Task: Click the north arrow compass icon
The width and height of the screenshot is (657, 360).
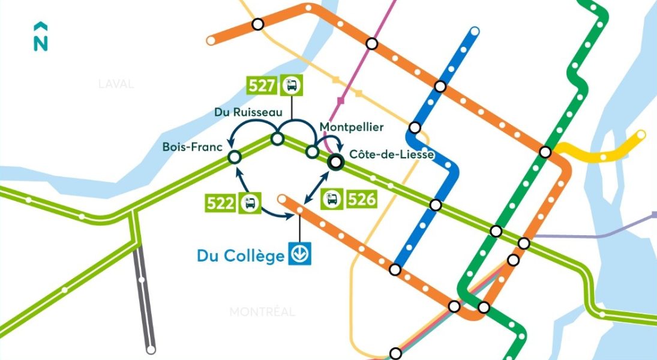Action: pyautogui.click(x=40, y=37)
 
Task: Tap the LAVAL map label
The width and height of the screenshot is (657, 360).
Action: pyautogui.click(x=116, y=84)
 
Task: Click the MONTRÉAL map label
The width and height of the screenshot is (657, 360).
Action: pyautogui.click(x=262, y=312)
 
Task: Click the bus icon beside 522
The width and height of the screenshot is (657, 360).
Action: pyautogui.click(x=249, y=203)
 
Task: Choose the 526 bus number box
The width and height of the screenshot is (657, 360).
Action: pyautogui.click(x=362, y=199)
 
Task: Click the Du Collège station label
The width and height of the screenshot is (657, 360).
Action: pyautogui.click(x=240, y=256)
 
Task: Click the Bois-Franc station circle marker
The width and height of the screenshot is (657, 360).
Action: pyautogui.click(x=234, y=157)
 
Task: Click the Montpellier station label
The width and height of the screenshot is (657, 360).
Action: pyautogui.click(x=351, y=127)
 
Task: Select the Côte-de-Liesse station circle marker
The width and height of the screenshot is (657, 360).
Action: pyautogui.click(x=335, y=161)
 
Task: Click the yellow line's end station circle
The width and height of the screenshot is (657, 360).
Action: pyautogui.click(x=641, y=134)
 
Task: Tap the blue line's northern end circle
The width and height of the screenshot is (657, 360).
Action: pyautogui.click(x=475, y=31)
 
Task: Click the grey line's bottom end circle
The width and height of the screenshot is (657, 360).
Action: pyautogui.click(x=151, y=349)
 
